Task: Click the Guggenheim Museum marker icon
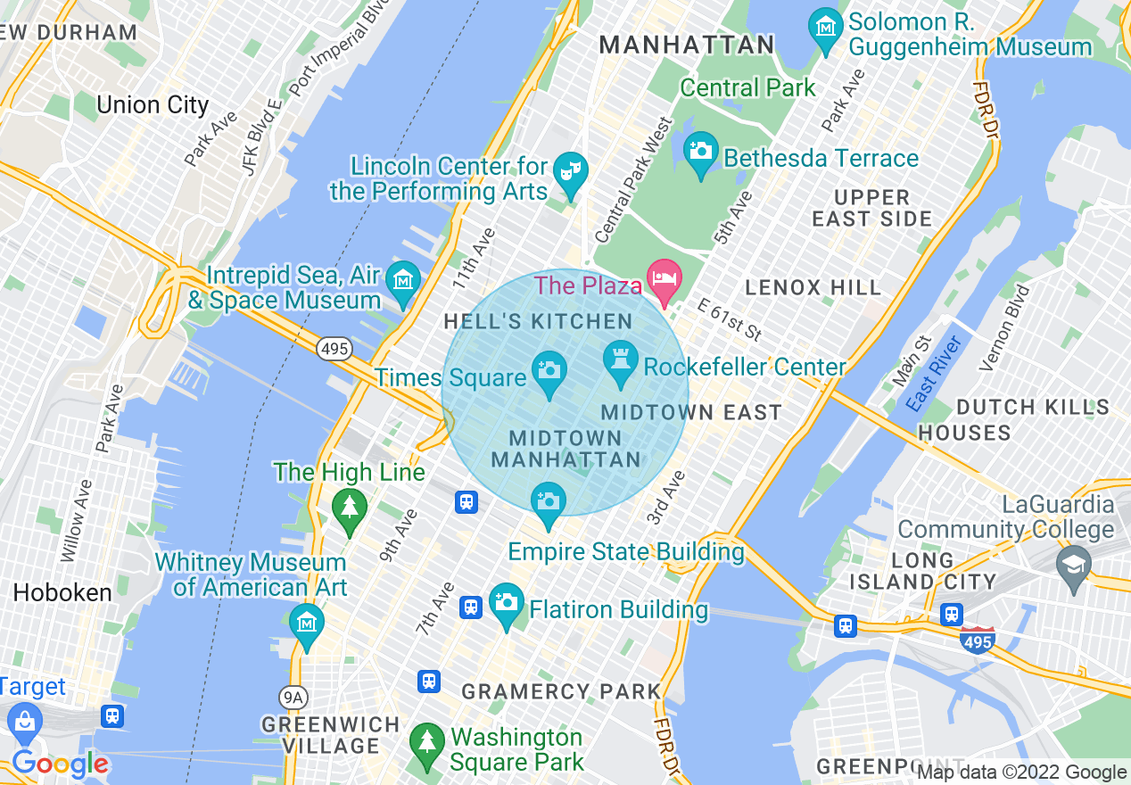[825, 26]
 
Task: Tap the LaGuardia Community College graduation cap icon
[1073, 564]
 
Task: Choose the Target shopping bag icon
[24, 719]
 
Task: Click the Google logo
[60, 764]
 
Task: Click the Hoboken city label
[62, 593]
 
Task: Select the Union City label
[152, 105]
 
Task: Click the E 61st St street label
[729, 320]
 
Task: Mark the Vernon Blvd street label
[1003, 327]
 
